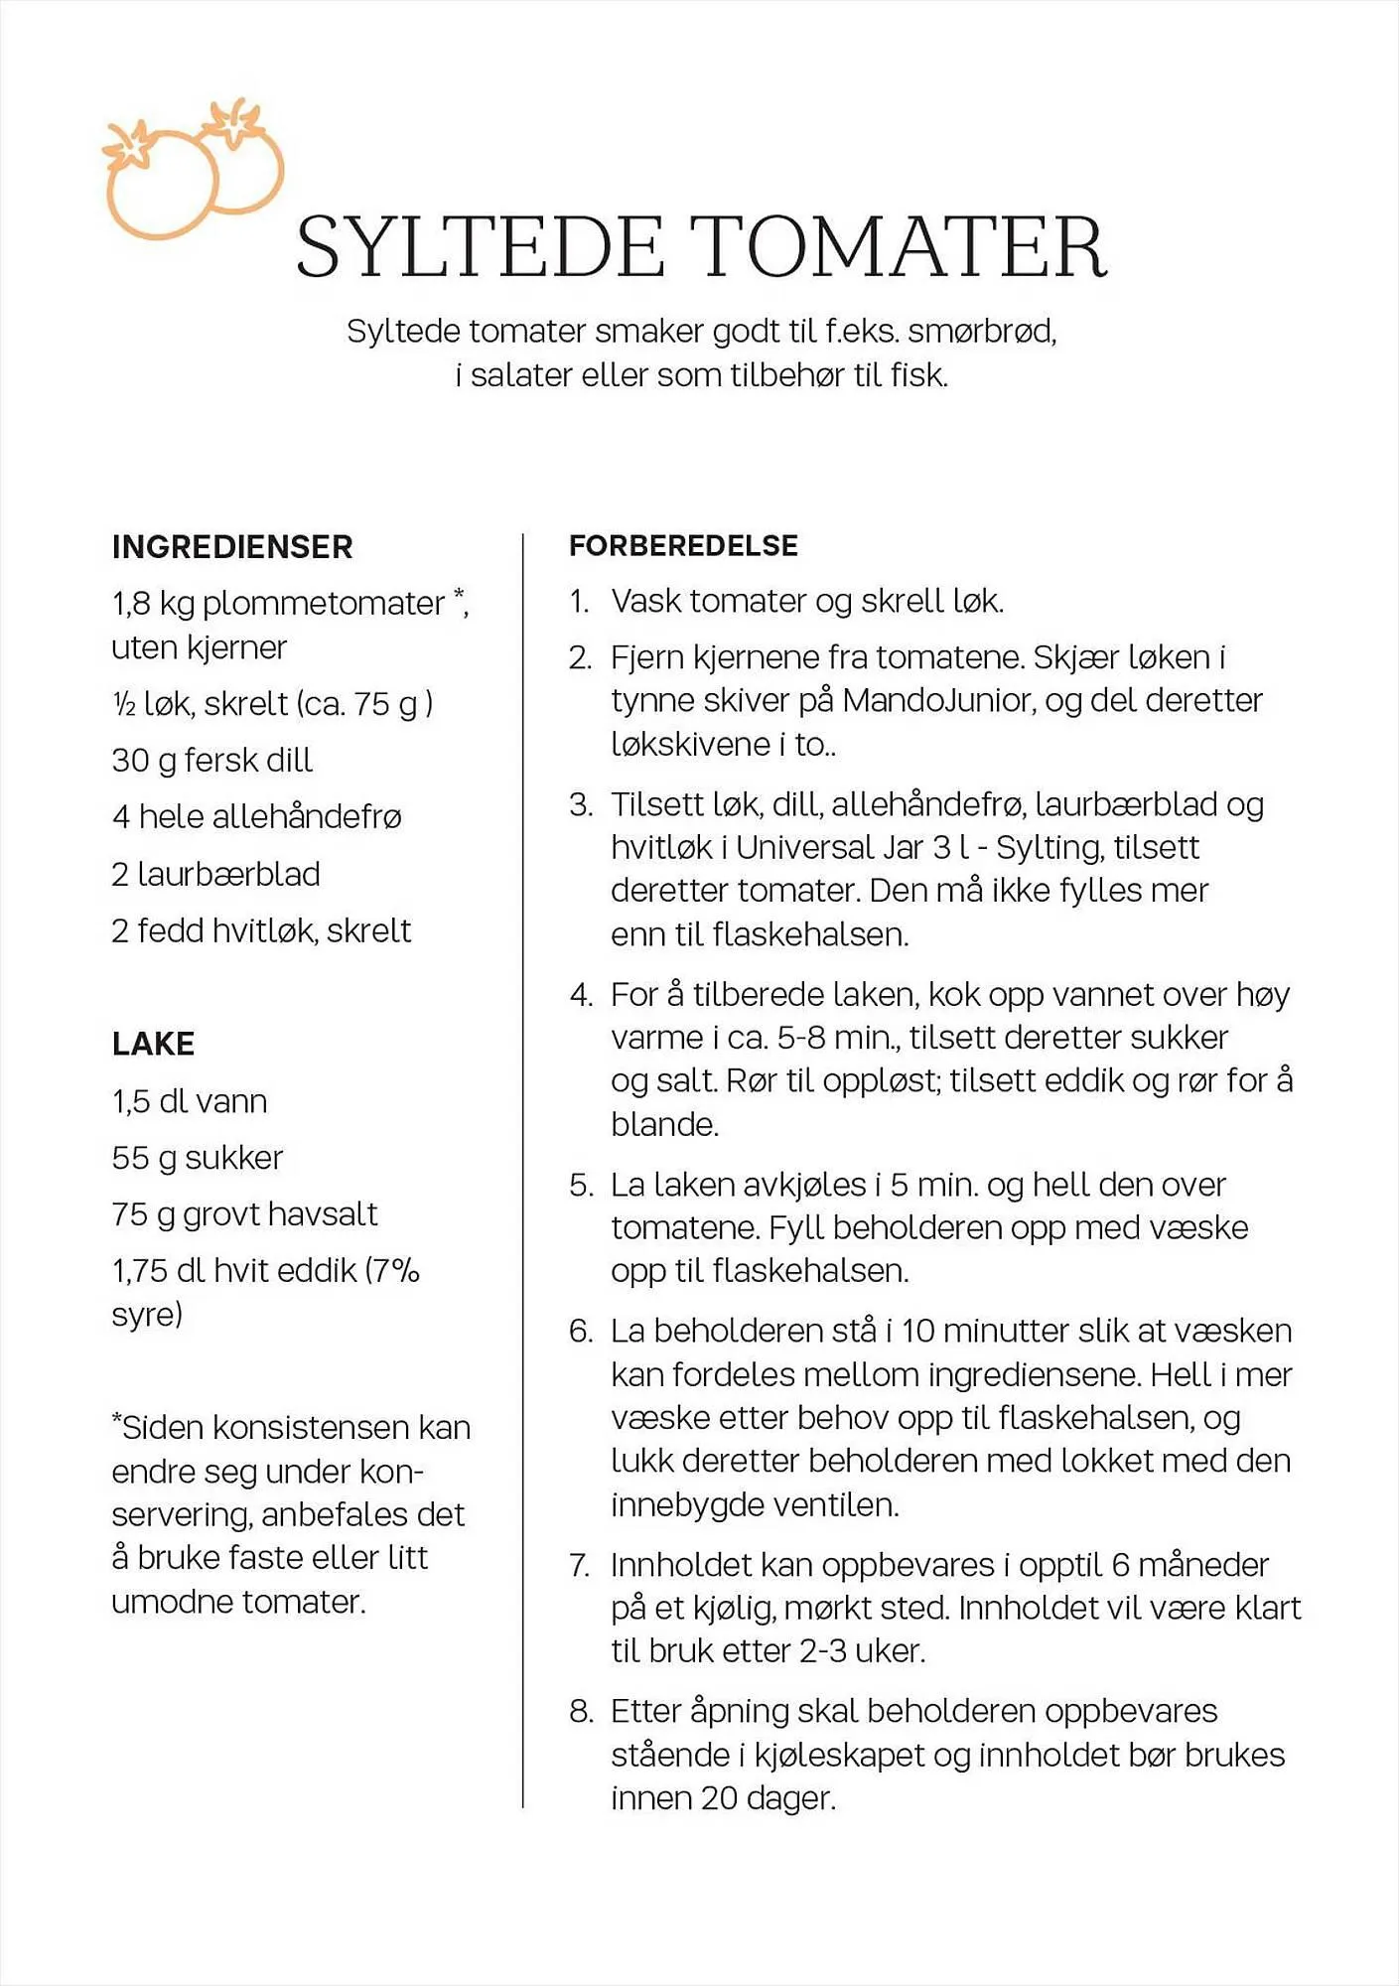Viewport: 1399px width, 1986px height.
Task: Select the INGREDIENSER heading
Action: point(232,547)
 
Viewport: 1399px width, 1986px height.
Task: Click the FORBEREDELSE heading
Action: point(683,545)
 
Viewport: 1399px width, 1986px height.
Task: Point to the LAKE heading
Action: point(153,1044)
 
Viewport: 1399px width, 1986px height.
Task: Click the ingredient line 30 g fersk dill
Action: point(211,760)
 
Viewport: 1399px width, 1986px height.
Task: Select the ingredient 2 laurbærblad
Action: point(215,874)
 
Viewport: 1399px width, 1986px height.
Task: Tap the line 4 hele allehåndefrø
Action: point(256,816)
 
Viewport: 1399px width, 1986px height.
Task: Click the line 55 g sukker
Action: point(197,1158)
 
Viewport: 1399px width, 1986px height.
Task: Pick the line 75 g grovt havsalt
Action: point(244,1214)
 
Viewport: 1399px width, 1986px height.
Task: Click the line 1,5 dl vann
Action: point(189,1101)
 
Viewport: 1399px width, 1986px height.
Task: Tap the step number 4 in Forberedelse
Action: point(580,995)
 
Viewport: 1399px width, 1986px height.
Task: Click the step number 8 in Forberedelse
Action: point(580,1711)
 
